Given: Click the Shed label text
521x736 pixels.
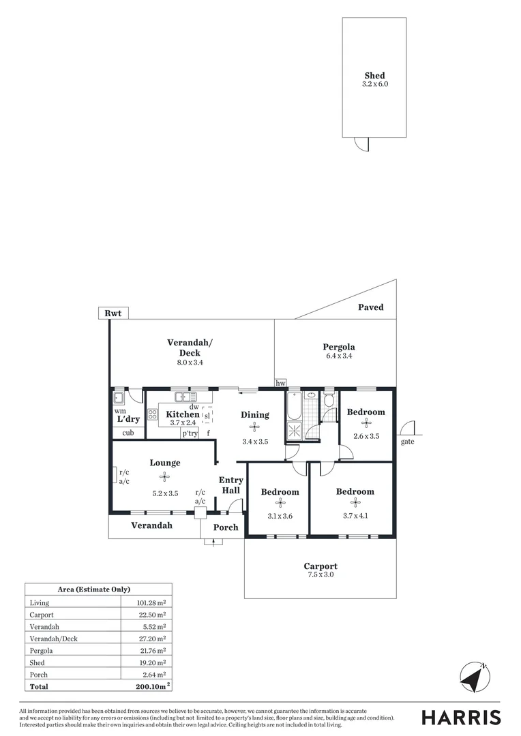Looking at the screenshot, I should click(374, 76).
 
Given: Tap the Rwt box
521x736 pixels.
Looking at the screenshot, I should click(113, 313).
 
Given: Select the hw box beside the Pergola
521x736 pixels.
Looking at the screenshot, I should click(280, 384).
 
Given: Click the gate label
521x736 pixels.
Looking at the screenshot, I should click(408, 442).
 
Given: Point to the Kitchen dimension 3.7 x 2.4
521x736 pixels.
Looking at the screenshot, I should click(183, 423).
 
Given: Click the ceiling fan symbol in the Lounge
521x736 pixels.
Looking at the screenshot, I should click(164, 477).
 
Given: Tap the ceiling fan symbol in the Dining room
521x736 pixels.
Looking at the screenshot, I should click(255, 427).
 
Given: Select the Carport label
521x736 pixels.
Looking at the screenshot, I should click(321, 566).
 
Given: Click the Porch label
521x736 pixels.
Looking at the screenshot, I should click(226, 527).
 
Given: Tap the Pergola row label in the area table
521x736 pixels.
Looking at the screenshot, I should click(41, 650).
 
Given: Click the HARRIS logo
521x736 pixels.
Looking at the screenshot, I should click(461, 717).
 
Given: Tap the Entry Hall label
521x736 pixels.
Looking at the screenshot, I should click(230, 485).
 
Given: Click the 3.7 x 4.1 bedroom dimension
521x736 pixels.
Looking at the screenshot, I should click(355, 516).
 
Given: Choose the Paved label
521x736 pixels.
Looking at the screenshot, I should click(371, 307).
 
